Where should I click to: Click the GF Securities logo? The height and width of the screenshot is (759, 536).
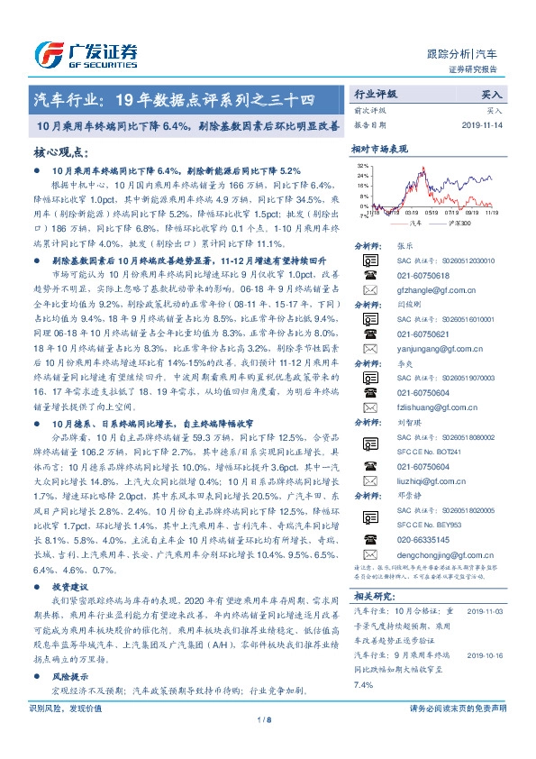[85, 52]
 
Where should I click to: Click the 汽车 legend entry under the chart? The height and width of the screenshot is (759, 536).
[413, 222]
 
